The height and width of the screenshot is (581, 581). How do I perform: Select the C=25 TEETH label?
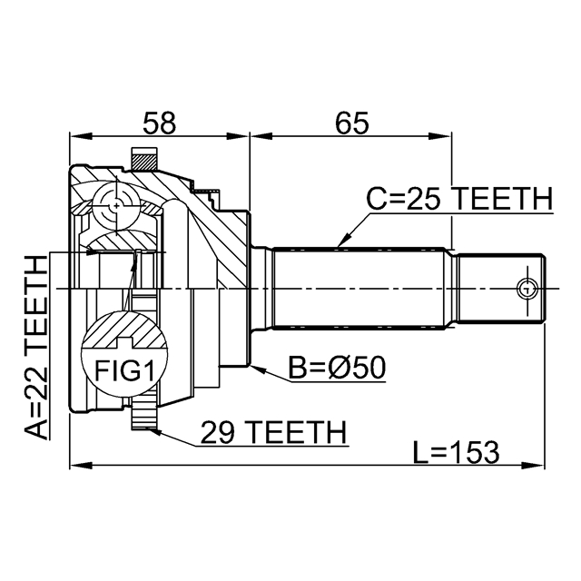(x=458, y=199)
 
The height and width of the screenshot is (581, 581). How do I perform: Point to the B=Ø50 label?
(x=337, y=368)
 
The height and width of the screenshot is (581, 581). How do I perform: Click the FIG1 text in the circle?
(x=124, y=370)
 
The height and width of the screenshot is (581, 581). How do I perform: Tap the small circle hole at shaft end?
(x=526, y=290)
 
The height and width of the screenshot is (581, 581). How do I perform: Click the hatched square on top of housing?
(x=144, y=160)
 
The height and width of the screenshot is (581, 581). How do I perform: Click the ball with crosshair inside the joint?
(x=117, y=207)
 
